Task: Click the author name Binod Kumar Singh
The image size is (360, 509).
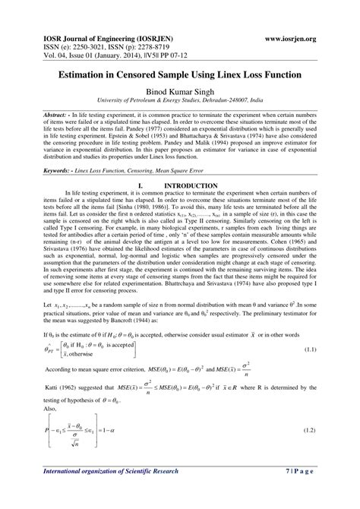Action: (x=180, y=91)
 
